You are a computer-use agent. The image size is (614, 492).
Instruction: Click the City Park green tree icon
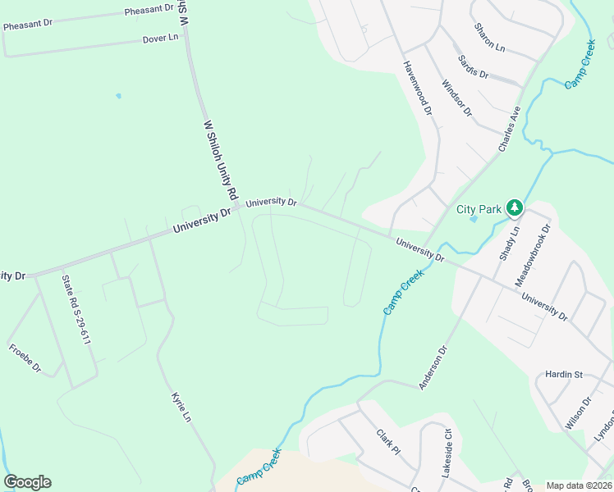(x=515, y=208)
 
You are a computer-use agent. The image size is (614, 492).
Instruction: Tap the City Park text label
(x=479, y=209)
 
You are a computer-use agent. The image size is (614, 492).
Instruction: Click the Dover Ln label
(x=160, y=39)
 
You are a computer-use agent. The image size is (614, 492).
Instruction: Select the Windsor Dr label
(x=458, y=98)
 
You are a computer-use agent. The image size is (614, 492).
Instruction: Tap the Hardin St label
(x=563, y=375)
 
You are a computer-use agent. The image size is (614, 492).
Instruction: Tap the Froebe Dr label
(x=25, y=358)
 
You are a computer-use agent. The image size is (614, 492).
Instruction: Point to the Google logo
(x=27, y=481)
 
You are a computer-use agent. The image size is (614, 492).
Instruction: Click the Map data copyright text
(x=579, y=485)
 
